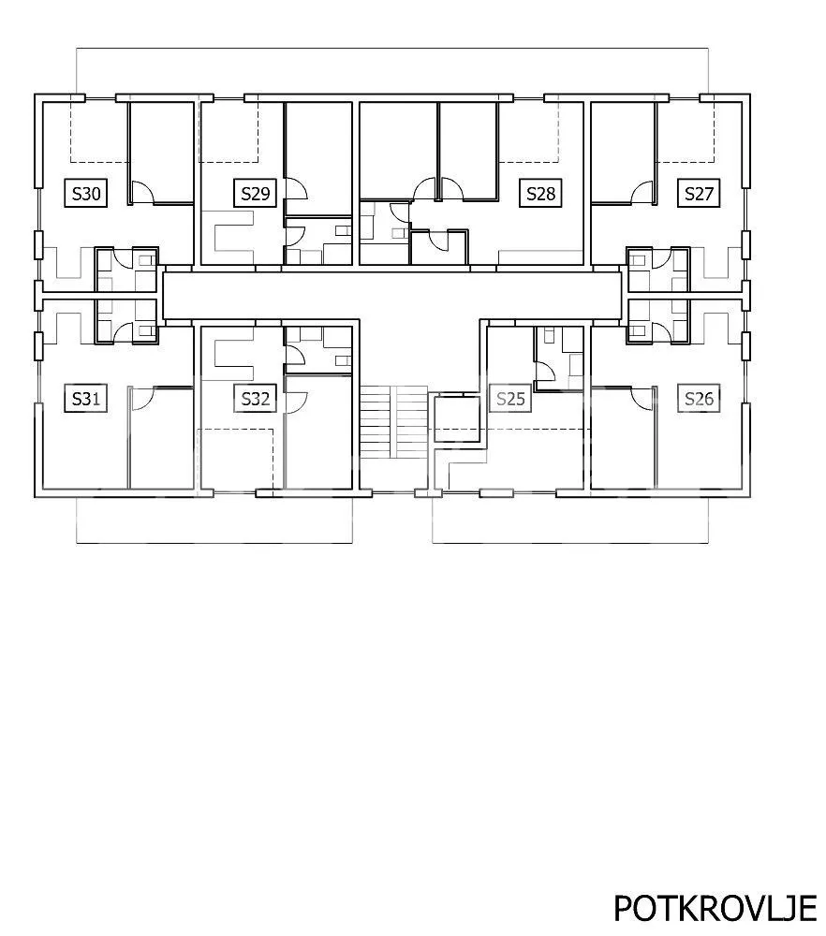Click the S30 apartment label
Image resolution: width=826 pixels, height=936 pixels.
(86, 194)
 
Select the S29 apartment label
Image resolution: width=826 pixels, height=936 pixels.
(255, 194)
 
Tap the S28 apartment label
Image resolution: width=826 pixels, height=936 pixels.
(540, 194)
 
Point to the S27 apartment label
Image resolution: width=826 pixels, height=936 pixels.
(699, 194)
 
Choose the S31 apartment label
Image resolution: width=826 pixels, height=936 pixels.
(86, 398)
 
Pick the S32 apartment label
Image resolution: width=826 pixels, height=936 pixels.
(255, 398)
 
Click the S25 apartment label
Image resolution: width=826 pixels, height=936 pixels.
(510, 398)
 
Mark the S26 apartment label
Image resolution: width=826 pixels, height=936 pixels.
(699, 398)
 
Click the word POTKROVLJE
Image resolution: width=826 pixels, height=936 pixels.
(715, 909)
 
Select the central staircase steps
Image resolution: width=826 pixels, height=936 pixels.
(393, 422)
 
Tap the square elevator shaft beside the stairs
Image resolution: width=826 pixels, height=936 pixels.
(456, 418)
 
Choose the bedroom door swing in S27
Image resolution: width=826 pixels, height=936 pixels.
(643, 192)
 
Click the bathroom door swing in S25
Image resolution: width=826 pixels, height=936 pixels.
(546, 374)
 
